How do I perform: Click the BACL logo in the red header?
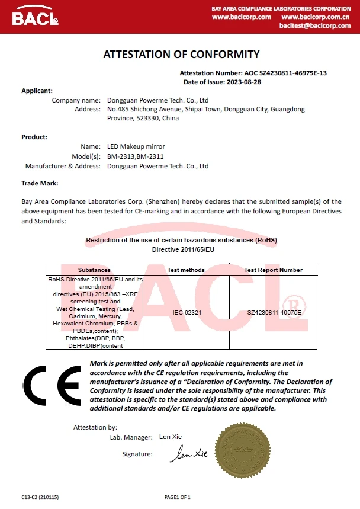pos(36,17)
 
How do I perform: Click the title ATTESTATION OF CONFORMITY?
pos(181,55)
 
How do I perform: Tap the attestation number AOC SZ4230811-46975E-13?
pos(285,73)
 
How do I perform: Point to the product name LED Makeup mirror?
pos(136,146)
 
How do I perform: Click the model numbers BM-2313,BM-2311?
pos(136,156)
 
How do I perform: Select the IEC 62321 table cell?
pos(185,310)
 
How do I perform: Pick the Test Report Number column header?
pos(273,270)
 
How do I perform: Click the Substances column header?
pos(94,270)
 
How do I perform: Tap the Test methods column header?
pos(185,270)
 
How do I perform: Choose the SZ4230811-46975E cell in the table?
pos(274,311)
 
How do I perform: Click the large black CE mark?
pos(52,386)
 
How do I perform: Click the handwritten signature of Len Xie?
pos(189,454)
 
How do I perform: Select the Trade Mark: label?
pos(40,184)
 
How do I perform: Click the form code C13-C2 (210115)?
pos(40,497)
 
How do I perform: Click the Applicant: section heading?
pos(37,91)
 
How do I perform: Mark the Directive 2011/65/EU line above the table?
pos(181,250)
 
